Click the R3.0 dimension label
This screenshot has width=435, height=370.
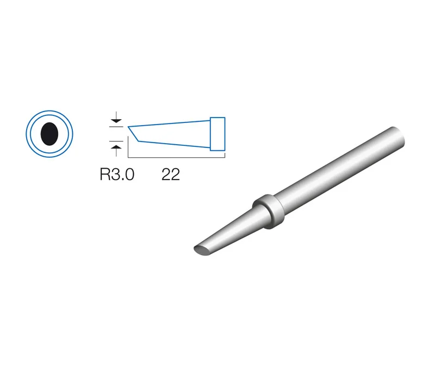[117, 175]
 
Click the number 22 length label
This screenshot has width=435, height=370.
[171, 175]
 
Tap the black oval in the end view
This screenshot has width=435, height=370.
[49, 134]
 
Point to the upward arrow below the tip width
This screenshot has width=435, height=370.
[116, 150]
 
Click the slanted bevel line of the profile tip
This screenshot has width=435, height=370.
[133, 134]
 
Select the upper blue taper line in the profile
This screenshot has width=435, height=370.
[169, 124]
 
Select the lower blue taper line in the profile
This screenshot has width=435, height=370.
[175, 144]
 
